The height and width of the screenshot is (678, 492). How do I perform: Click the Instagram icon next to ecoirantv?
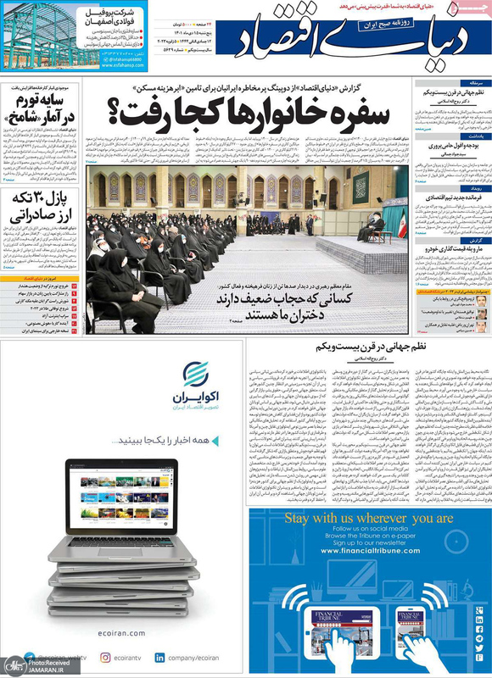click(x=105, y=657)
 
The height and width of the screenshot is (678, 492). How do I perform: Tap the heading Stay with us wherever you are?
click(x=368, y=518)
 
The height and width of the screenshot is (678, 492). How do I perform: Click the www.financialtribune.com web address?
click(x=368, y=551)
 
